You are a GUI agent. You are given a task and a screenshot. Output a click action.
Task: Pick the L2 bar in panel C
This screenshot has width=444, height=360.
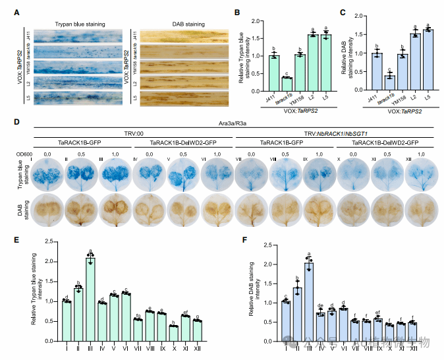point(414,62)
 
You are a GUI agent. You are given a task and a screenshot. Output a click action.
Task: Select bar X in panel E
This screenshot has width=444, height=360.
point(173,335)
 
